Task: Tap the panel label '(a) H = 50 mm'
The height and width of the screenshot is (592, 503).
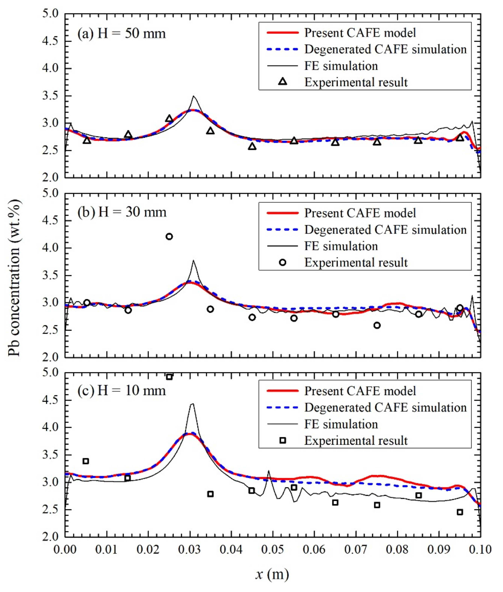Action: click(x=121, y=34)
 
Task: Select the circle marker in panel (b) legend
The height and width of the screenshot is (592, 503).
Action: click(x=282, y=262)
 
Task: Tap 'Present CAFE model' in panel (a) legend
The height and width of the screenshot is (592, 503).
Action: click(x=360, y=33)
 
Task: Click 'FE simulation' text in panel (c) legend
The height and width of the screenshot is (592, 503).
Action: click(x=341, y=424)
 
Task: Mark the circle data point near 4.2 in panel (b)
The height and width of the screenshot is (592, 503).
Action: click(x=169, y=236)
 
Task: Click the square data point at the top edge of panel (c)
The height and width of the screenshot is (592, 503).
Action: click(x=169, y=377)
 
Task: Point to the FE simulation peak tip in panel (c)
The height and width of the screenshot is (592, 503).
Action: click(x=193, y=404)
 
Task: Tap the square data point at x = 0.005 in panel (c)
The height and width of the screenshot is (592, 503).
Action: click(x=85, y=461)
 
